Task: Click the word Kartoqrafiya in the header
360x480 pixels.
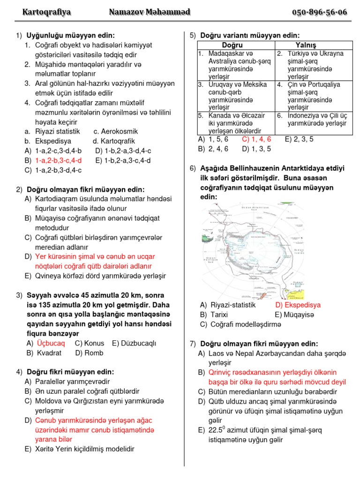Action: pos(46,12)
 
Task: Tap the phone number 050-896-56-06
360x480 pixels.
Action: pos(320,12)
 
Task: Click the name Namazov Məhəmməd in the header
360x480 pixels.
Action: pos(150,12)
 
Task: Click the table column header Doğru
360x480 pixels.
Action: pos(235,45)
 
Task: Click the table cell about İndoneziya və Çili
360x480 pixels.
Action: pos(312,120)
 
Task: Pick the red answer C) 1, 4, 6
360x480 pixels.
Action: pos(256,139)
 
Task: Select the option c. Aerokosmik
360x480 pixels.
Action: pos(116,132)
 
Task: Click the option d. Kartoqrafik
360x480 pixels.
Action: pos(114,141)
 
